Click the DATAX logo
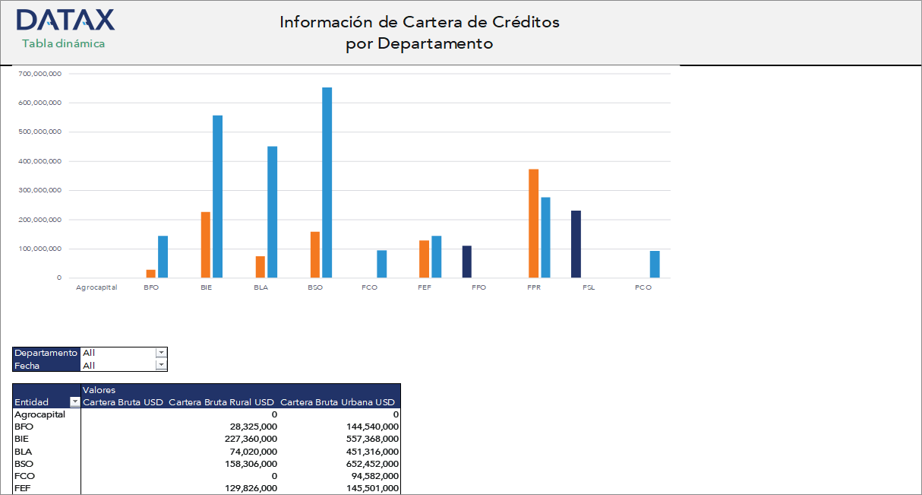65,20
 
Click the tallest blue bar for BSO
327,182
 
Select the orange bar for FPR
533,224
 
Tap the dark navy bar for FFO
467,262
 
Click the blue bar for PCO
655,264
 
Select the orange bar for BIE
205,245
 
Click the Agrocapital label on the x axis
96,287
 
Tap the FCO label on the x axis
370,287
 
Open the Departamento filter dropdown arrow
160,353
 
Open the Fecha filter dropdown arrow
160,365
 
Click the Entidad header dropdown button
74,402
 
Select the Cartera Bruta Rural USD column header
221,402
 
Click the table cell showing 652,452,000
369,463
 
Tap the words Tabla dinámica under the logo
64,43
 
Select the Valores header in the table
99,390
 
